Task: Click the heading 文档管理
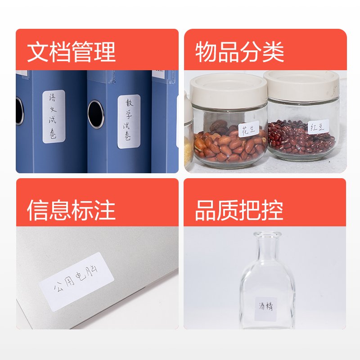point(72,52)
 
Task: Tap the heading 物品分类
point(239,52)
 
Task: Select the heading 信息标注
point(71,210)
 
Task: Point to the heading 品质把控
point(239,210)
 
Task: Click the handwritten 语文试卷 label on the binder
point(54,117)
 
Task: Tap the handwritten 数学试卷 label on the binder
point(129,121)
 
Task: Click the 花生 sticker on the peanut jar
point(249,129)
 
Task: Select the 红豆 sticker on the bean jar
point(318,127)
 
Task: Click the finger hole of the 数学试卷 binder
point(96,114)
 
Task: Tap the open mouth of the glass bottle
point(267,234)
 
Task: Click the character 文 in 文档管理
point(38,52)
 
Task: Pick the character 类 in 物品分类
point(273,52)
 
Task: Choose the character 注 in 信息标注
point(105,210)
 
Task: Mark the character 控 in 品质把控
point(273,210)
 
